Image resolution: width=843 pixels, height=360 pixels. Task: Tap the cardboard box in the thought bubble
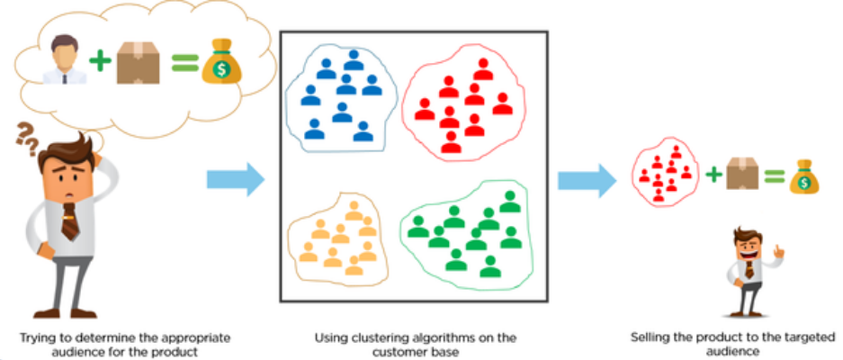click(138, 60)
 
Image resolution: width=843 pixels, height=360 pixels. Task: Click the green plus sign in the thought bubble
click(101, 61)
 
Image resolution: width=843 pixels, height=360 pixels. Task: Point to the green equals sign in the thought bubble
click(183, 62)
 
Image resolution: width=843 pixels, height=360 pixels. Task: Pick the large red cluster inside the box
click(464, 103)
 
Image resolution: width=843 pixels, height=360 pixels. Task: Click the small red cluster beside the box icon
click(664, 170)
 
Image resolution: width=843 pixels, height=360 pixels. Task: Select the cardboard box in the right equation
click(740, 171)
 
